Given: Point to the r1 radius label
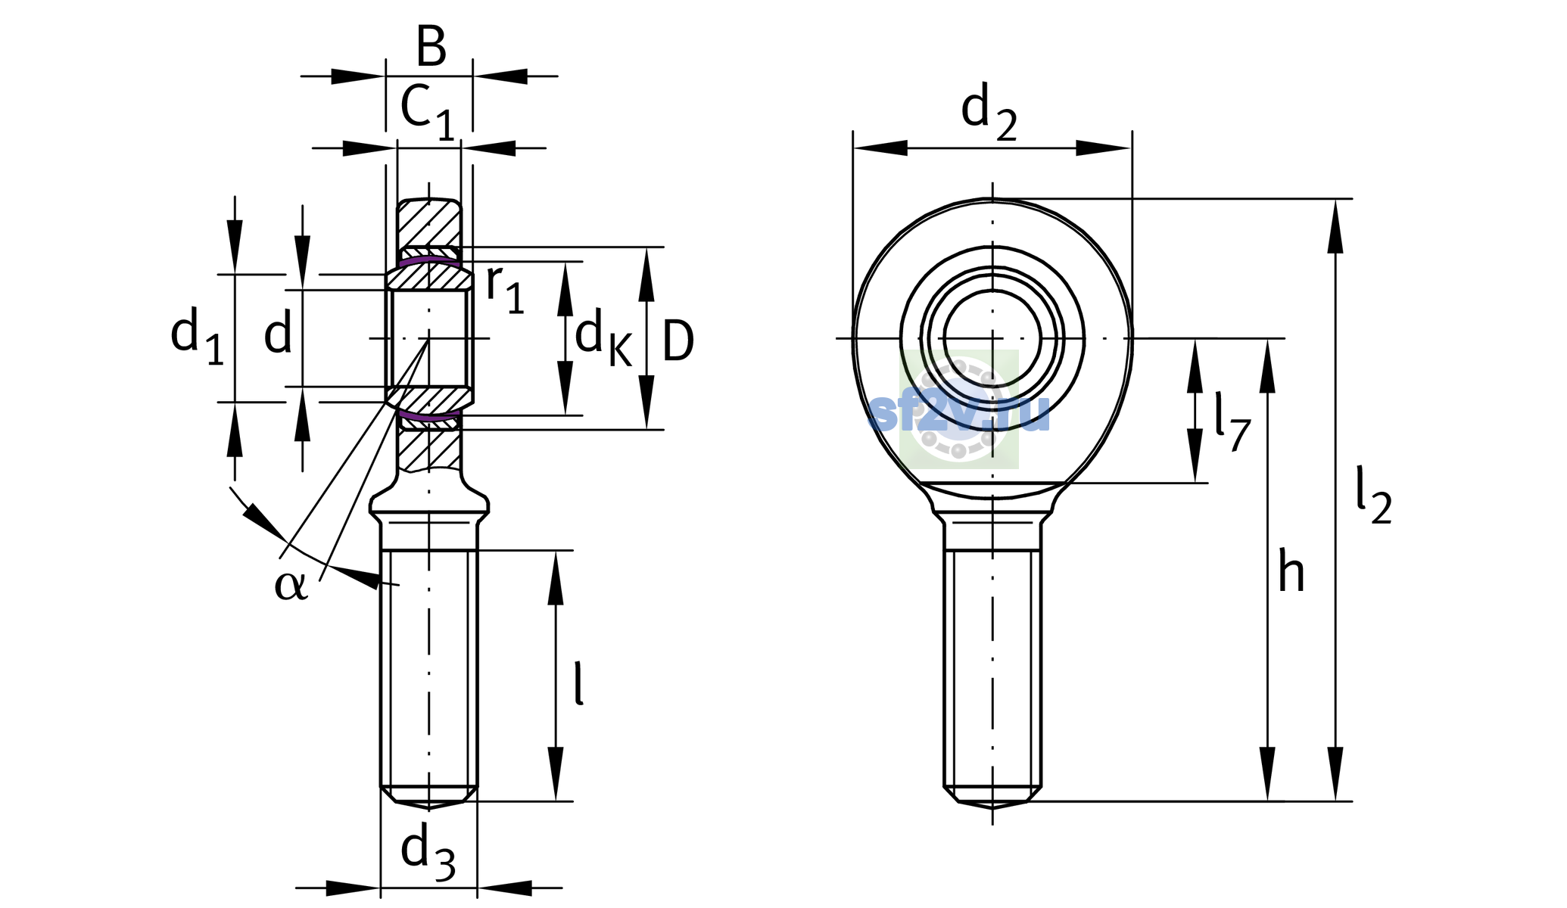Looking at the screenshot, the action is pyautogui.click(x=505, y=289).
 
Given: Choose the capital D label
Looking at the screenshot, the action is pyautogui.click(x=678, y=341).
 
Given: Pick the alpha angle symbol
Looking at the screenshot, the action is pyautogui.click(x=291, y=586).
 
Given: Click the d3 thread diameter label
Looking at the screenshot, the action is pyautogui.click(x=428, y=853).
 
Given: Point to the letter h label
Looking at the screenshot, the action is pyautogui.click(x=1291, y=571).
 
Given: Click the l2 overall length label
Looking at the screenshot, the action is pyautogui.click(x=1372, y=496).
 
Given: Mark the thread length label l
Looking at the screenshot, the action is pyautogui.click(x=579, y=683).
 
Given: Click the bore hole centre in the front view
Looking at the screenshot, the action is pyautogui.click(x=992, y=337).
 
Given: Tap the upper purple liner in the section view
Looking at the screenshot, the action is pyautogui.click(x=429, y=261).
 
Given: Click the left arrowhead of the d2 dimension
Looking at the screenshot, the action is pyautogui.click(x=880, y=148).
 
